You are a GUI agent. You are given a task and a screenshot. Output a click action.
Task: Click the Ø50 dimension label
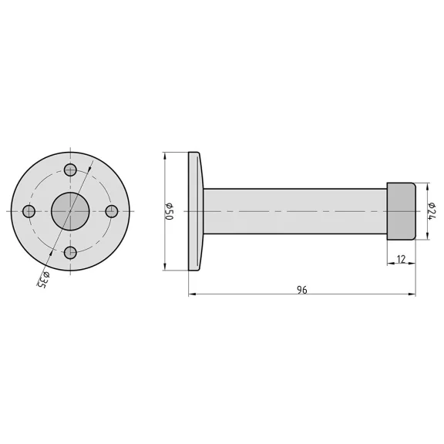[x=169, y=211]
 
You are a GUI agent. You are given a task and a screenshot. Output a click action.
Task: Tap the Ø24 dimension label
[x=432, y=211]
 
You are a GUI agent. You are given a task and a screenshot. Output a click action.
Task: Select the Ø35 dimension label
[x=43, y=280]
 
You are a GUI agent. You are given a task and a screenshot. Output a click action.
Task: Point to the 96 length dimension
[x=302, y=290]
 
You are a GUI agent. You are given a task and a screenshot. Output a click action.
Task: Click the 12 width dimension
[x=402, y=259]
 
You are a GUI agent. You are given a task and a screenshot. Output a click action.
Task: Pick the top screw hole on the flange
[x=70, y=170]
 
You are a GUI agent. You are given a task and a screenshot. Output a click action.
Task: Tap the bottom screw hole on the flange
[x=70, y=253]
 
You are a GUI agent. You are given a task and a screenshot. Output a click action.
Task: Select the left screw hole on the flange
[x=29, y=211]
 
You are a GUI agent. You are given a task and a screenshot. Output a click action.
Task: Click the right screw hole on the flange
[x=112, y=211]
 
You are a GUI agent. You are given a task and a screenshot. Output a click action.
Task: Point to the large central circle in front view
[x=70, y=211]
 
